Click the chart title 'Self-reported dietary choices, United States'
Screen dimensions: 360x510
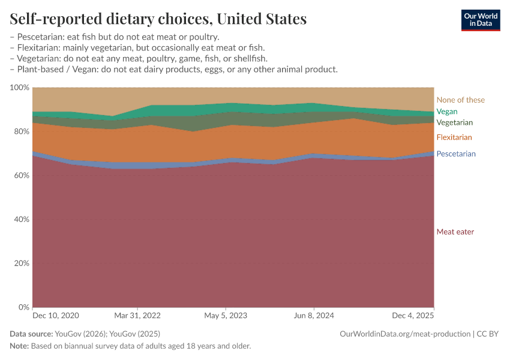[x=158, y=19]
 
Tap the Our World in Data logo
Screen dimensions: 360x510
[x=480, y=20]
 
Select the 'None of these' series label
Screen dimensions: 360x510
[x=460, y=100]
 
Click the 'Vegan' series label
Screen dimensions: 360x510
[x=446, y=112]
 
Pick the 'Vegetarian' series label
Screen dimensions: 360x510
[x=454, y=122]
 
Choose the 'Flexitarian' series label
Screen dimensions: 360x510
[x=454, y=137]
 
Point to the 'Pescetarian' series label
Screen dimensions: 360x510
[x=455, y=154]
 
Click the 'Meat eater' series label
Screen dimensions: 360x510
[x=455, y=232]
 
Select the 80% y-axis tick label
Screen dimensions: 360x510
[x=21, y=131]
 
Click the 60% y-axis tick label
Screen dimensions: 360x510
[x=21, y=176]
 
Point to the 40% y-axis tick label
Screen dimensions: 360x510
[x=21, y=220]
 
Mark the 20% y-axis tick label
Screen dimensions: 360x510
[x=21, y=263]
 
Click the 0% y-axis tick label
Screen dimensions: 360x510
[x=23, y=307]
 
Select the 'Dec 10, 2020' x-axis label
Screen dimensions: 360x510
[x=55, y=315]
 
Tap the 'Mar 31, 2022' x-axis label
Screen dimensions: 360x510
[x=138, y=315]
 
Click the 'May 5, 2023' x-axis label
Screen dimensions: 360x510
[x=226, y=315]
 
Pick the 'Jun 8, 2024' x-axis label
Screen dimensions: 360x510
[x=313, y=315]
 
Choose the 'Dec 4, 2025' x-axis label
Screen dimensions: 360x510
[x=413, y=315]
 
